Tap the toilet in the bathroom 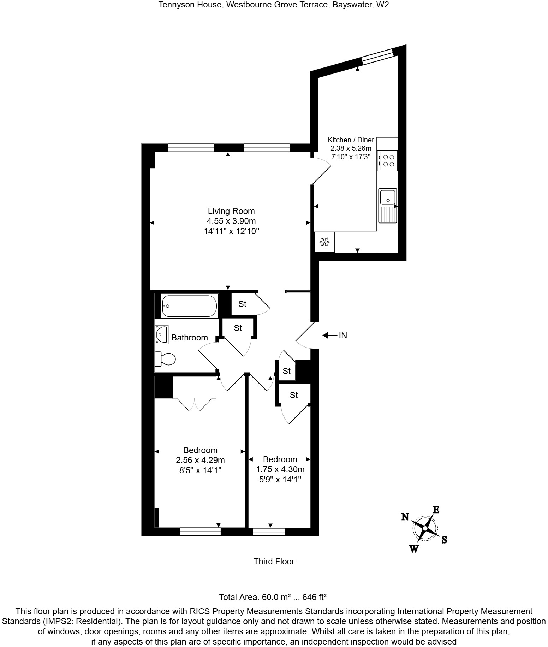click(x=165, y=359)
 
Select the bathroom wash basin click(x=161, y=334)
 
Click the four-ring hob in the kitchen click(x=387, y=161)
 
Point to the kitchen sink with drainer click(x=388, y=206)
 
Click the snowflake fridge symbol click(x=324, y=242)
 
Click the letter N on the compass click(x=405, y=517)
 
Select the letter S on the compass click(x=444, y=540)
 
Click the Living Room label click(x=231, y=211)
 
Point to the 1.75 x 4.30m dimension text click(x=280, y=469)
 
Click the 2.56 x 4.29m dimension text click(x=200, y=460)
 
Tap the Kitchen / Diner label click(x=351, y=140)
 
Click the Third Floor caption click(x=274, y=562)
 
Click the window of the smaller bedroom click(x=269, y=531)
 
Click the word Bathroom click(x=189, y=338)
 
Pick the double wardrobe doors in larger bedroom click(x=195, y=405)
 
